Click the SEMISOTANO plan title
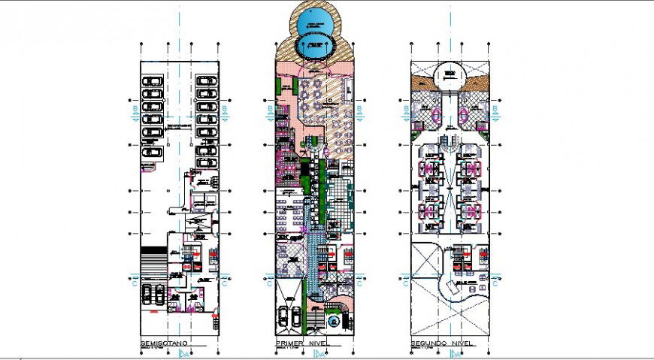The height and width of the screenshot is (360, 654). click(163, 343)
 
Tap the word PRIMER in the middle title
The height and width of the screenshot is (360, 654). click(288, 343)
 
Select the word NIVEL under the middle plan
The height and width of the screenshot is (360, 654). click(324, 343)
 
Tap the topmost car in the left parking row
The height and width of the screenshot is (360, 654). click(153, 81)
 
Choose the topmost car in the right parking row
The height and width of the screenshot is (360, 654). click(204, 81)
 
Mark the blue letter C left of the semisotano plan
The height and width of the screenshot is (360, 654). click(133, 284)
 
